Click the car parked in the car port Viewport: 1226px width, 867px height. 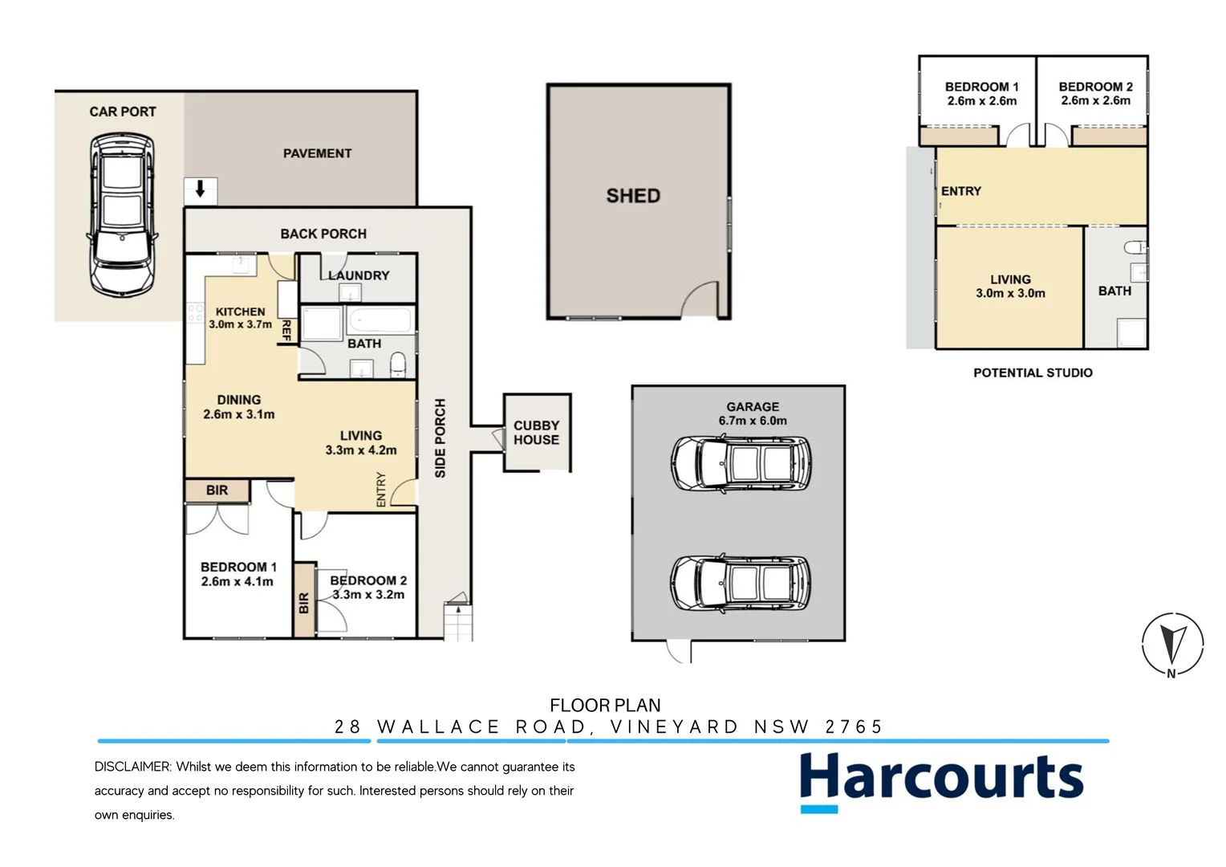121,215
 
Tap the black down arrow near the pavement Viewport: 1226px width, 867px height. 200,190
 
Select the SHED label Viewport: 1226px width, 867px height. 633,196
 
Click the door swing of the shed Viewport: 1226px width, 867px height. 699,299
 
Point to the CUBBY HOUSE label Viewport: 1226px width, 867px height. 536,433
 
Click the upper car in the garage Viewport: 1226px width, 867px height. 741,464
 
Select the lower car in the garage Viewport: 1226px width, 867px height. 741,584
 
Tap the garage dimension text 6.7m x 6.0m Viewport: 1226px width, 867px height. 753,421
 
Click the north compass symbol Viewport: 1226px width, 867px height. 1172,644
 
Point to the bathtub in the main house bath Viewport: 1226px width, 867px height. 380,322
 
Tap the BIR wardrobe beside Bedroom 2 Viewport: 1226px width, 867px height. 304,601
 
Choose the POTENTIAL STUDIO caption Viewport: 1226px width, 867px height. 1033,372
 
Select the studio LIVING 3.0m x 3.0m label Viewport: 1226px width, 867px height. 1010,287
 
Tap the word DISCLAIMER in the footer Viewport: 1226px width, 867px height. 132,767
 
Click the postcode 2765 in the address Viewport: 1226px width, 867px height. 854,727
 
